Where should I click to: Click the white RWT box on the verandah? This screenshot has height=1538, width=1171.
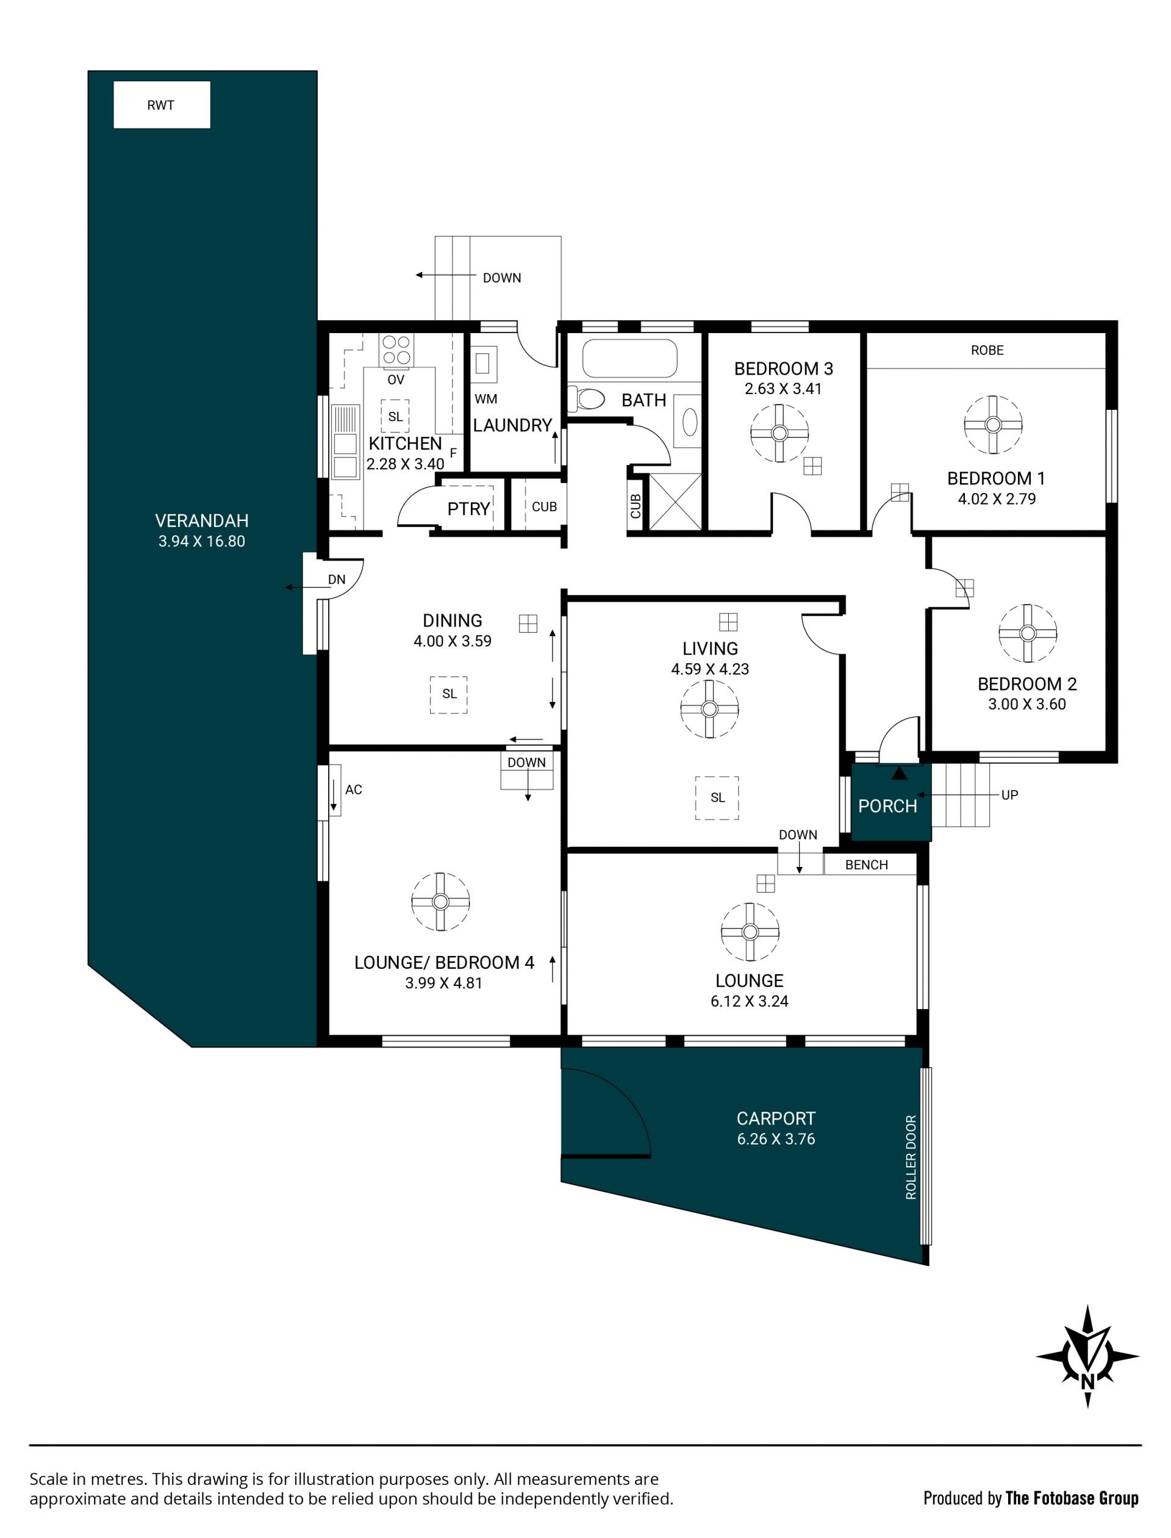point(162,104)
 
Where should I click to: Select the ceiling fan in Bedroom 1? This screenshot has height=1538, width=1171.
point(994,425)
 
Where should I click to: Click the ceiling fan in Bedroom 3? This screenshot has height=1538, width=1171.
point(779,433)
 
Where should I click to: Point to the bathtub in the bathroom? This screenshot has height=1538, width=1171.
point(629,358)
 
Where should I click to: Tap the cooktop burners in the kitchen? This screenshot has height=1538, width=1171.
point(396,350)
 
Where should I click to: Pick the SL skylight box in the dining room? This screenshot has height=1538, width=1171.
point(449,694)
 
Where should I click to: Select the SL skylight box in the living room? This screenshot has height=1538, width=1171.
point(717,797)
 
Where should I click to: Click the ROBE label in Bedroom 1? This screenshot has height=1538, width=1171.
point(987,350)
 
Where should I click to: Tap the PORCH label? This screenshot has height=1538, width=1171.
point(887,806)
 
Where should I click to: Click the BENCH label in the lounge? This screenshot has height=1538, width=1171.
point(867,864)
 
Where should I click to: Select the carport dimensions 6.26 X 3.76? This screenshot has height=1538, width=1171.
point(776,1138)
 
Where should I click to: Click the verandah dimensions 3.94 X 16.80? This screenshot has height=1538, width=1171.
point(201,541)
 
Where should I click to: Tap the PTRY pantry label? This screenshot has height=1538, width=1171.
point(468,509)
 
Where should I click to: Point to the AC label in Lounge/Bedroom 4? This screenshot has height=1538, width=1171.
point(353,789)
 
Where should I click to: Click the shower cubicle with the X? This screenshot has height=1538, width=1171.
point(675,501)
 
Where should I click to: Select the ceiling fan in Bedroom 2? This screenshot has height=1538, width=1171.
point(1028,633)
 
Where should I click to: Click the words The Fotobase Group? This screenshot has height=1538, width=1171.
point(1073,1498)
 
